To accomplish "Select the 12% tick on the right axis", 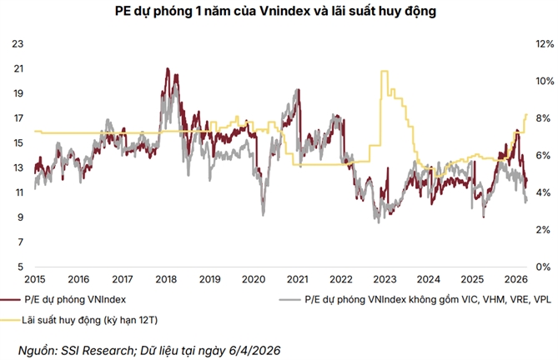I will (x=544, y=43).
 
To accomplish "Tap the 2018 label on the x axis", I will (x=165, y=278).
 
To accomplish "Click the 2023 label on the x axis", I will (x=385, y=278).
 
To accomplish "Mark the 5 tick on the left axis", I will (x=19, y=267).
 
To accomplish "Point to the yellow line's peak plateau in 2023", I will (x=385, y=72).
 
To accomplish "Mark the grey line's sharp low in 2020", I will (x=264, y=214).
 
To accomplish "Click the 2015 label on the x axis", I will (x=34, y=278).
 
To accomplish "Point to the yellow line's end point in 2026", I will (x=526, y=114).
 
